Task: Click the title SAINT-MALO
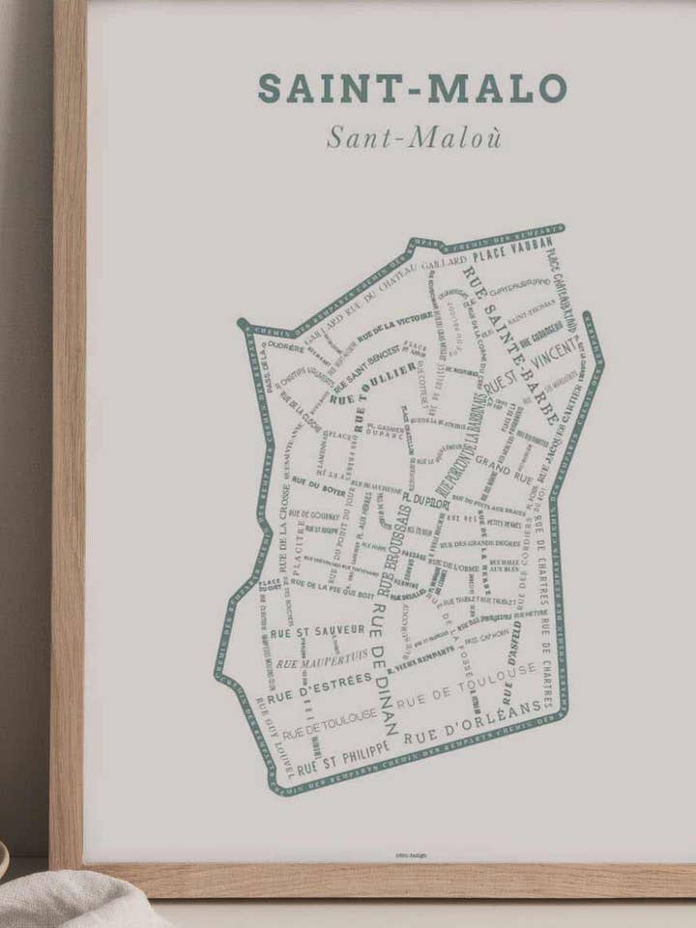pos(412,88)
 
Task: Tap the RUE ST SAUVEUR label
pos(304,631)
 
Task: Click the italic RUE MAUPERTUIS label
pos(322,660)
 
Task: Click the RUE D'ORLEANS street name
pos(472,723)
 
